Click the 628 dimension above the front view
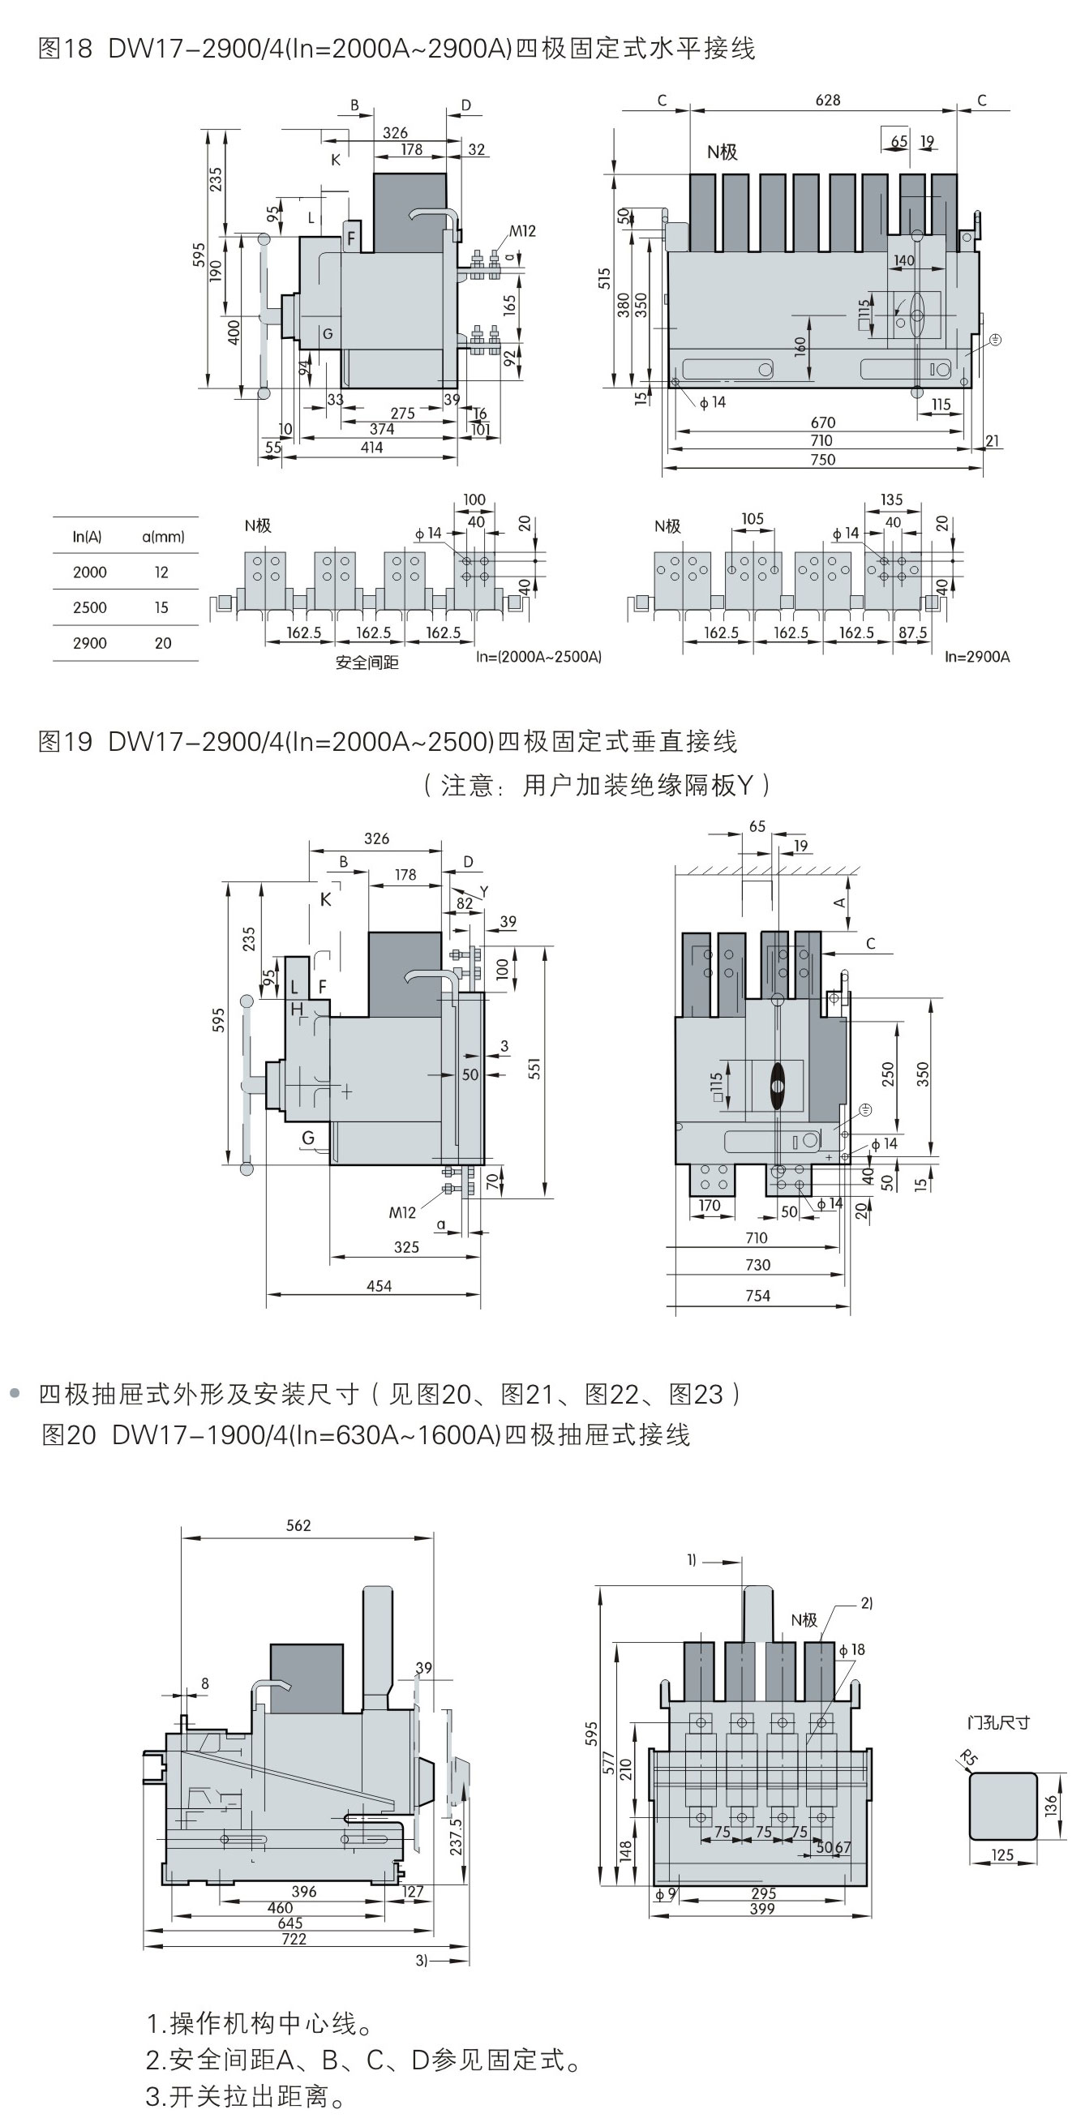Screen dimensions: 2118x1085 click(x=827, y=101)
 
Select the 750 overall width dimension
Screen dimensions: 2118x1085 click(x=823, y=460)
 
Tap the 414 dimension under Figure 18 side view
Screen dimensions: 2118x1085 click(x=371, y=448)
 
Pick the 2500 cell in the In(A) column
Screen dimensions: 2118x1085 click(x=89, y=607)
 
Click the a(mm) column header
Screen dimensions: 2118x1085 click(x=163, y=537)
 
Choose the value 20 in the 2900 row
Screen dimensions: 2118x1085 click(x=163, y=643)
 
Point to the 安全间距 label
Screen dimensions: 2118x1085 click(x=367, y=662)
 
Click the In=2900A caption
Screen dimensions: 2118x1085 click(x=976, y=656)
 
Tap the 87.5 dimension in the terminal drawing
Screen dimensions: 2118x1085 click(x=912, y=632)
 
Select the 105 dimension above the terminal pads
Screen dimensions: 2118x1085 click(x=752, y=519)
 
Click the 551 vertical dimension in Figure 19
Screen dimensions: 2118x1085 click(x=534, y=1068)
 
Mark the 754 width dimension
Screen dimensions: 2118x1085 click(x=757, y=1296)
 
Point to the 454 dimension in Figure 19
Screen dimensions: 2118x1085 click(x=379, y=1286)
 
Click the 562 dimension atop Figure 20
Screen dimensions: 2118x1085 click(x=298, y=1526)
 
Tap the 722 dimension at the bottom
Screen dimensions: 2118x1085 click(x=294, y=1939)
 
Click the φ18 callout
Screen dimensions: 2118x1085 click(x=851, y=1649)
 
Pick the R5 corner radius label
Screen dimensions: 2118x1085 click(x=969, y=1759)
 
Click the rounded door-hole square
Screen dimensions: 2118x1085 click(x=1003, y=1806)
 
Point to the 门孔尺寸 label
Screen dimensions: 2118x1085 click(x=998, y=1722)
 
